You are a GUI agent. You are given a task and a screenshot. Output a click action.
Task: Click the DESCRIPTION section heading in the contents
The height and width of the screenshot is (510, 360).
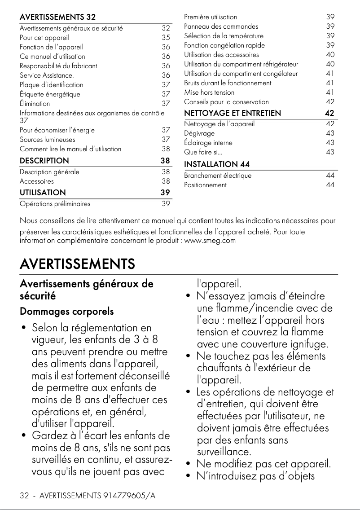[44, 161]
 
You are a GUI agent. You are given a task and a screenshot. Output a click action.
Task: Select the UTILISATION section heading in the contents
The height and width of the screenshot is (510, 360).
[43, 193]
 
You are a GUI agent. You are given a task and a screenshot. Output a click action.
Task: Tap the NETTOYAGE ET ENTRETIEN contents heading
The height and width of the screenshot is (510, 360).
[233, 113]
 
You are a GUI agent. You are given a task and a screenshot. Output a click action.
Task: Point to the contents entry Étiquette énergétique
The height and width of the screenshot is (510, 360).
[50, 94]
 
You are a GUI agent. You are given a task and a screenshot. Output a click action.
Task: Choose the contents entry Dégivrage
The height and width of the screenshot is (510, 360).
[199, 133]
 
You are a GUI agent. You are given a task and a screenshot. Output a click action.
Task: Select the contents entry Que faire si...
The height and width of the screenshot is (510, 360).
[201, 152]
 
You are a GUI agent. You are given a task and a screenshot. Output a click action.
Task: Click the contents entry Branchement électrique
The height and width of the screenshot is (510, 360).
[218, 176]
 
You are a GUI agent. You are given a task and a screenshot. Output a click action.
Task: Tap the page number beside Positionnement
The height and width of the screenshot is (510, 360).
[330, 185]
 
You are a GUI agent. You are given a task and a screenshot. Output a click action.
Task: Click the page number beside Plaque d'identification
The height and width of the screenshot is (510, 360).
[166, 85]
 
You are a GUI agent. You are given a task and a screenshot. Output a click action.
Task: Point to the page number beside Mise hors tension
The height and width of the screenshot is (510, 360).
[330, 92]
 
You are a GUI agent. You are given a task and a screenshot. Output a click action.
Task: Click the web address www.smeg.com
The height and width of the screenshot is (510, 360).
[210, 241]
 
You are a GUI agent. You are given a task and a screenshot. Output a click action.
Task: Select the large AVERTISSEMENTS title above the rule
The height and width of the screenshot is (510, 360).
[77, 264]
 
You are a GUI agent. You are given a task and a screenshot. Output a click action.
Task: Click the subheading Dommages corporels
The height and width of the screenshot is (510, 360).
[66, 312]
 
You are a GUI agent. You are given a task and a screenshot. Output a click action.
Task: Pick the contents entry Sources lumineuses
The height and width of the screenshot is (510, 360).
[47, 140]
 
